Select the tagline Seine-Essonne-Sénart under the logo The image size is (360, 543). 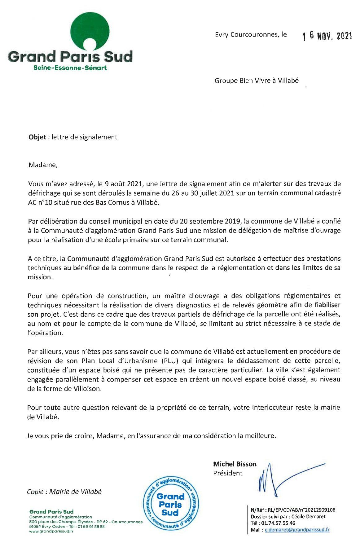[70, 68]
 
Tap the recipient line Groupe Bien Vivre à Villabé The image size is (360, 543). [257, 81]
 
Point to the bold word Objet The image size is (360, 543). [37, 137]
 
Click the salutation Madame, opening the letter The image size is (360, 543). [43, 165]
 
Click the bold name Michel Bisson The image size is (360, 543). [235, 464]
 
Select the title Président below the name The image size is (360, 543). [228, 473]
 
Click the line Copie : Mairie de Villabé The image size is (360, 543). [64, 492]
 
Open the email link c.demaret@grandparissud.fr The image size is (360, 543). [297, 530]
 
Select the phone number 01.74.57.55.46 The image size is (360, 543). [278, 523]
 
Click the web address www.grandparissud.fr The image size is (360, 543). [51, 531]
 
